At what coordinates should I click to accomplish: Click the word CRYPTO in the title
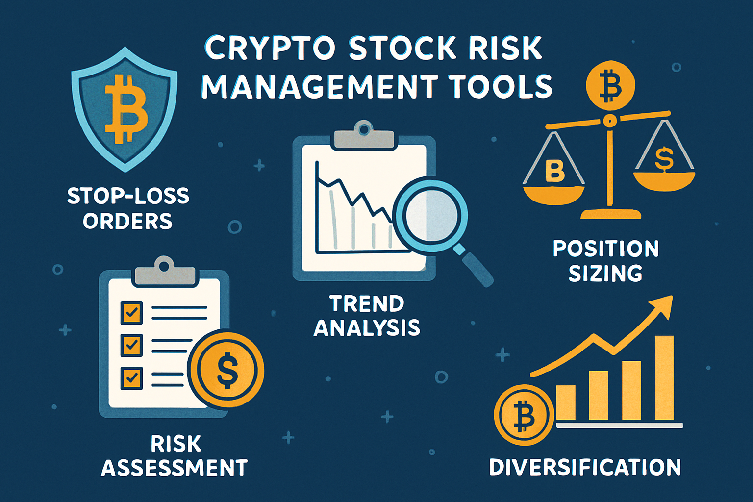tap(270, 49)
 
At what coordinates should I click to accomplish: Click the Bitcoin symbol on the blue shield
tap(126, 109)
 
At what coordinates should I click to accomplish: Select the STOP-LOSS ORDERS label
tap(128, 208)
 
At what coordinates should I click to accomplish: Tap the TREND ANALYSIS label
tap(367, 316)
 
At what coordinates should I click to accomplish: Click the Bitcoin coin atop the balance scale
tap(610, 85)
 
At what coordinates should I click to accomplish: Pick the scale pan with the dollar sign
tap(664, 180)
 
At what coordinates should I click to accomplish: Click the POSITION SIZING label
tap(606, 261)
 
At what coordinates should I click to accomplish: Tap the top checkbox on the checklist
tap(131, 312)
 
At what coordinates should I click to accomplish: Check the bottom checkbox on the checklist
tap(131, 378)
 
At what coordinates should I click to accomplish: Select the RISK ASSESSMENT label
tap(175, 456)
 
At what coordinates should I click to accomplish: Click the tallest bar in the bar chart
tap(664, 377)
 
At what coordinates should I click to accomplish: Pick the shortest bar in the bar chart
tap(566, 402)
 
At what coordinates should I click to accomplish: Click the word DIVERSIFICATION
tap(585, 467)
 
